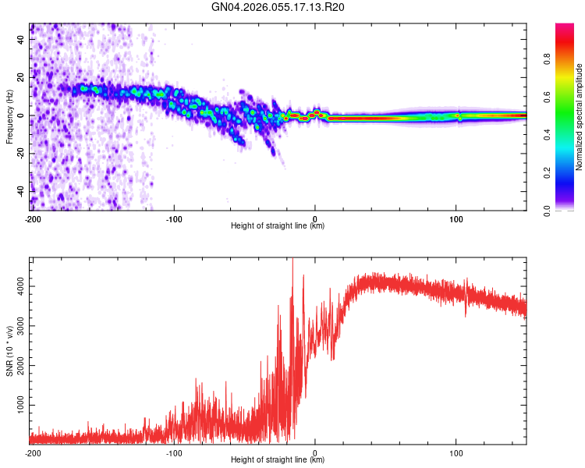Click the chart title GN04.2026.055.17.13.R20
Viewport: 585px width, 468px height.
click(278, 7)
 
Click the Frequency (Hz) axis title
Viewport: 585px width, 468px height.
click(9, 117)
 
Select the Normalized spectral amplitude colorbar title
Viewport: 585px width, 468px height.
click(580, 117)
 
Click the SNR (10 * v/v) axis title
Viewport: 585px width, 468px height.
click(9, 350)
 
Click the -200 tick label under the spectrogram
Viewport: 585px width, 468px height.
click(32, 218)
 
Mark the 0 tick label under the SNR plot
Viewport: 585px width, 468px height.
click(315, 452)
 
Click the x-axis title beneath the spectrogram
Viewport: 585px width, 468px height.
click(278, 226)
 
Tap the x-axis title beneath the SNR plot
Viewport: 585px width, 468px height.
click(278, 460)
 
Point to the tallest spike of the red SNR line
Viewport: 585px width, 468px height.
click(292, 261)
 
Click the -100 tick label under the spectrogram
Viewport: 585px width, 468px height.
click(173, 218)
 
